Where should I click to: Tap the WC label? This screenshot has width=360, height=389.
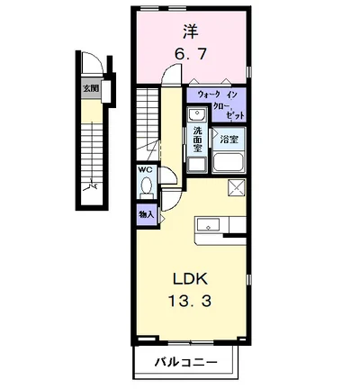click(x=144, y=169)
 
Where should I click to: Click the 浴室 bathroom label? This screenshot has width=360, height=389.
click(x=229, y=140)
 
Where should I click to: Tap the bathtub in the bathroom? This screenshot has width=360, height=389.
click(x=230, y=162)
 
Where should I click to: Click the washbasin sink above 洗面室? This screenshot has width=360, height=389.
click(x=197, y=116)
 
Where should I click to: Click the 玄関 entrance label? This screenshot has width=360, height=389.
click(x=89, y=88)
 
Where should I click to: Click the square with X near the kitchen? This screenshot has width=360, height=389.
click(x=238, y=186)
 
